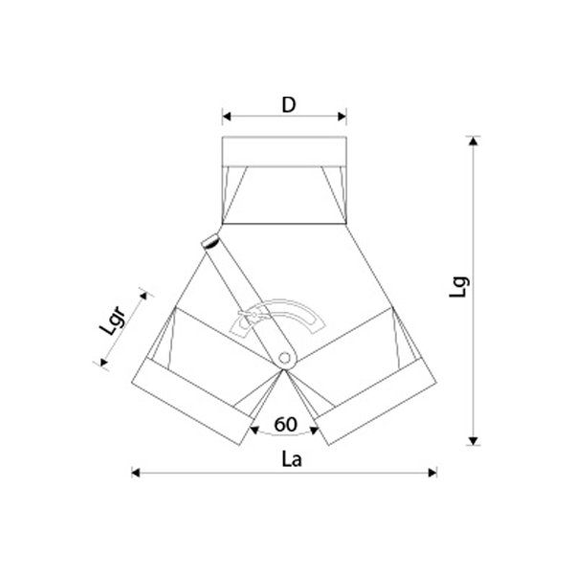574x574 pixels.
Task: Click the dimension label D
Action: pos(289,104)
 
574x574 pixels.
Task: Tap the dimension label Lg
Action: pos(458,287)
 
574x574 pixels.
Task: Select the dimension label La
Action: pos(292,459)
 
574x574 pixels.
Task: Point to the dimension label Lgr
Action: pos(113,321)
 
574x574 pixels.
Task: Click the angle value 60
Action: pos(285,425)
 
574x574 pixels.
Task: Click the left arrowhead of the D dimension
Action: pos(227,117)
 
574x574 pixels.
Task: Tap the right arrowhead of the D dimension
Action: pos(342,117)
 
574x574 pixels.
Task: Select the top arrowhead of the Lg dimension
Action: pos(474,141)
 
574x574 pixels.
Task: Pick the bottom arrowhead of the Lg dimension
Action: pos(474,441)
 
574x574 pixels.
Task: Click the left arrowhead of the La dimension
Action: pos(136,473)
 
